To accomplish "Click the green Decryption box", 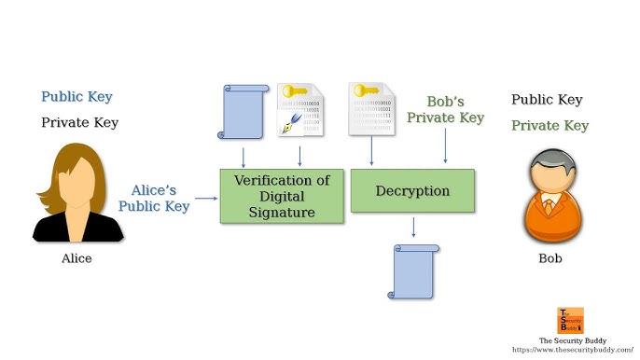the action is click(412, 190).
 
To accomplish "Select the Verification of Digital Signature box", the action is click(282, 197).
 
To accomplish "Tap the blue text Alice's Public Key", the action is click(154, 198).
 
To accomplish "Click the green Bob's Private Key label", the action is click(445, 109).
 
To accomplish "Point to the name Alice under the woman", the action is click(77, 258).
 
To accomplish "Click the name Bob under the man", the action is click(550, 258).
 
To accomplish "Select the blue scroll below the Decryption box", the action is click(413, 271).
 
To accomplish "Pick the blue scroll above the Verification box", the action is click(243, 112).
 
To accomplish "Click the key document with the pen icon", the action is click(300, 109).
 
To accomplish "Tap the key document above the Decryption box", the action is click(372, 108).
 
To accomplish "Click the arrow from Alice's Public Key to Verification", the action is click(206, 199).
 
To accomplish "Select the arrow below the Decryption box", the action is click(413, 227).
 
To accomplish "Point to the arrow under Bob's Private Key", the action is click(445, 145).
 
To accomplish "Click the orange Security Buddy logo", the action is click(570, 321).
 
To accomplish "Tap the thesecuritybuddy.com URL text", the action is click(573, 350).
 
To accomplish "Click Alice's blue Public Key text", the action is click(77, 97).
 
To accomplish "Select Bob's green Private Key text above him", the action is click(550, 125).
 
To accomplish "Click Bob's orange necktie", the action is click(549, 206).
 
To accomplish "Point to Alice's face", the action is click(77, 182).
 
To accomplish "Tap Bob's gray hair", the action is click(552, 160).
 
